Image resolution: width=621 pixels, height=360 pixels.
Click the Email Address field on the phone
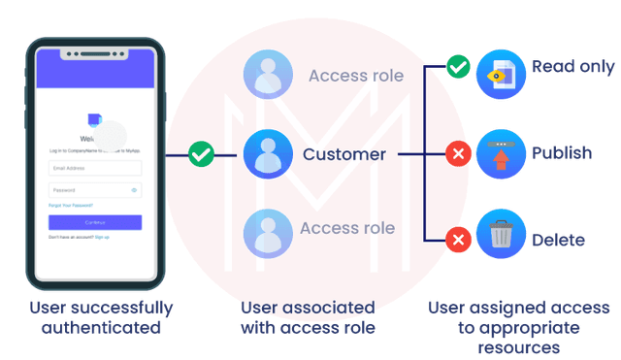point(94,168)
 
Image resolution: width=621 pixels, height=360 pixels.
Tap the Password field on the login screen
point(94,190)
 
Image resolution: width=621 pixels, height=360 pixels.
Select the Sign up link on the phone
point(102,237)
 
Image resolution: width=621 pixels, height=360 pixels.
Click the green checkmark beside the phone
point(201,153)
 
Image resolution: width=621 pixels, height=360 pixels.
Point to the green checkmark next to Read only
point(458,68)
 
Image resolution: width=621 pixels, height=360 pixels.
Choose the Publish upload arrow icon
point(501,153)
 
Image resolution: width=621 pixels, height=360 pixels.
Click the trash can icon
point(501,236)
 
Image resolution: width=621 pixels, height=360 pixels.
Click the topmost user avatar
point(268,76)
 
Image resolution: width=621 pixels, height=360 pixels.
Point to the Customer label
point(344,154)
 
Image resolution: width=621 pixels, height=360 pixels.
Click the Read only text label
point(572,67)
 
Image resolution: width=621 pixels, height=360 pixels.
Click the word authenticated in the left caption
point(101,328)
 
